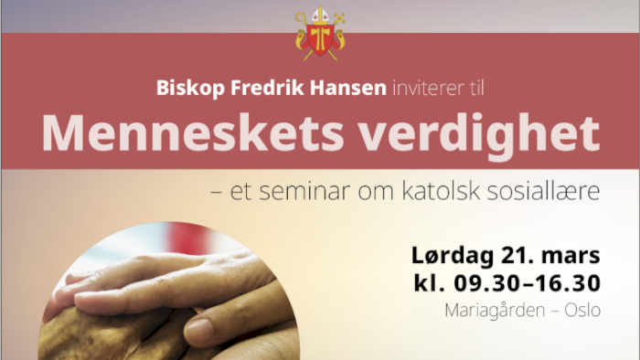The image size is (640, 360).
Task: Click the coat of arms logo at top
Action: point(319,34)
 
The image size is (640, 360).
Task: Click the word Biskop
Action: point(184,90)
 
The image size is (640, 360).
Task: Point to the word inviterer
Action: point(427,90)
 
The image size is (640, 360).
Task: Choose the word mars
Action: point(570,253)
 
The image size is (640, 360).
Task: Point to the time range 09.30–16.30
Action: point(524,282)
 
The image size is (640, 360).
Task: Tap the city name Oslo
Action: point(581,311)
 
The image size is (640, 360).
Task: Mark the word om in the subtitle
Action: point(384,193)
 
